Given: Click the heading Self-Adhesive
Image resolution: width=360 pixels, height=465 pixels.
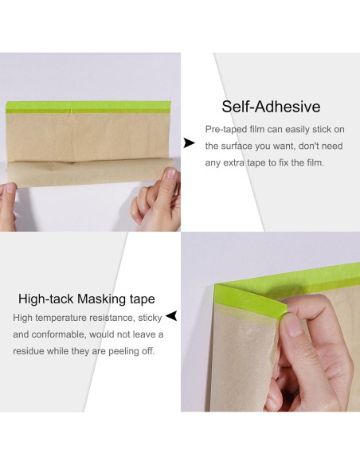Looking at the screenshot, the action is [271, 107].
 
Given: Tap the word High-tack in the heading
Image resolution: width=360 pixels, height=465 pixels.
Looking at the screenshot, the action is [46, 299].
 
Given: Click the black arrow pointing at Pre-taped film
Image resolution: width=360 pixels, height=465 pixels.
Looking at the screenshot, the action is [190, 143].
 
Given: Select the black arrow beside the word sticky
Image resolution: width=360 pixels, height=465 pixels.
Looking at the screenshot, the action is [171, 316].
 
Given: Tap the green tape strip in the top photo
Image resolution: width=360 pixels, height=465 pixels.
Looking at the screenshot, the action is [88, 107].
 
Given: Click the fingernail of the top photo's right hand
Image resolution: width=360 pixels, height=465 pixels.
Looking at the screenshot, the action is [172, 173].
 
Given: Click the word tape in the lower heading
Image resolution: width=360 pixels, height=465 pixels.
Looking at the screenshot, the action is [143, 299].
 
